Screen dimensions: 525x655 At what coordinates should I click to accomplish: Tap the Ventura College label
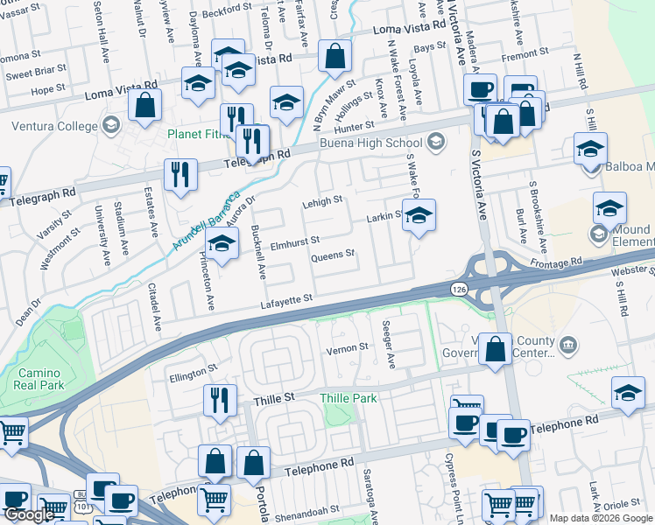pyautogui.click(x=54, y=126)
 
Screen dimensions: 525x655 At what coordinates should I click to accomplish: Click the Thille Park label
pyautogui.click(x=348, y=398)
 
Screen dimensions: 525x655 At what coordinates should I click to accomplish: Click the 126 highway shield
pyautogui.click(x=459, y=289)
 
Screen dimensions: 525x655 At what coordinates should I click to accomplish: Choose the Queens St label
pyautogui.click(x=333, y=255)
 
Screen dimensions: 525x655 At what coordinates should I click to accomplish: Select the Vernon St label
pyautogui.click(x=348, y=347)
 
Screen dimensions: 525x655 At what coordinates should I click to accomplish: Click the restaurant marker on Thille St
pyautogui.click(x=219, y=399)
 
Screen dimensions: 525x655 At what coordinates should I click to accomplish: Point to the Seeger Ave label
pyautogui.click(x=389, y=343)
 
